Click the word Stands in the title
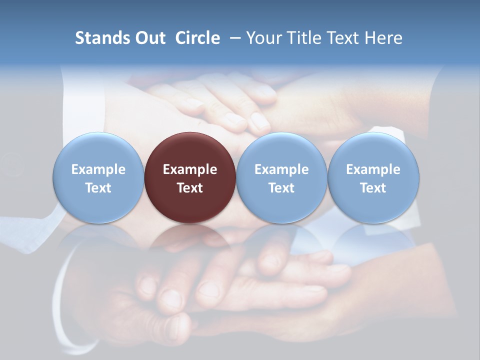[102, 38]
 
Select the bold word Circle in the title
[197, 38]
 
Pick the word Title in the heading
[302, 38]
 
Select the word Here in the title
[383, 38]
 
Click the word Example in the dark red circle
[190, 169]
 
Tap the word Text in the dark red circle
[190, 188]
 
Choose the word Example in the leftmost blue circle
[98, 169]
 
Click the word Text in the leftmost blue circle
[98, 188]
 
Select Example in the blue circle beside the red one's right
[281, 169]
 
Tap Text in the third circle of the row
[281, 188]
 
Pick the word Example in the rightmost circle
[373, 169]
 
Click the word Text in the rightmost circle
[373, 188]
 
